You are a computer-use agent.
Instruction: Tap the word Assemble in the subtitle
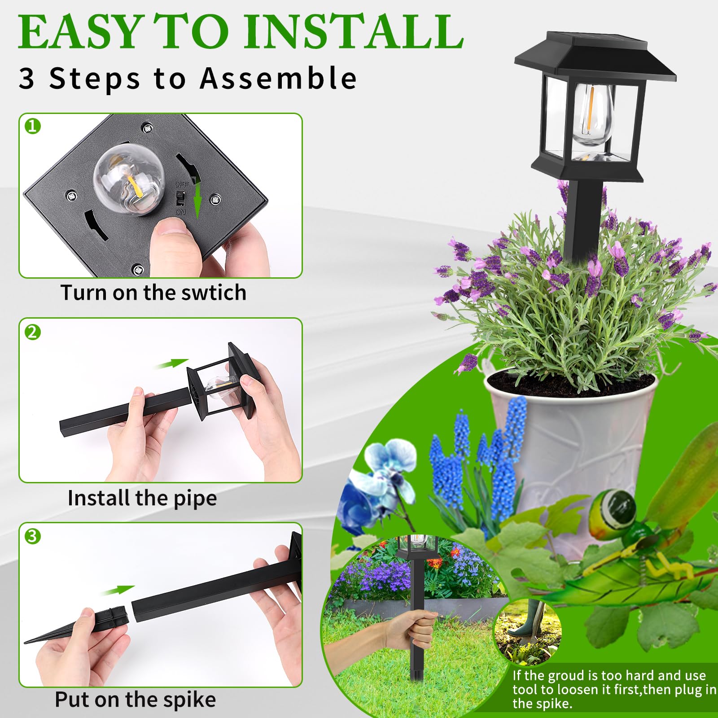pos(278,79)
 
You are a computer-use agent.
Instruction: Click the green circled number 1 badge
pos(33,126)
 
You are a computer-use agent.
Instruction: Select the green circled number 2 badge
pos(33,333)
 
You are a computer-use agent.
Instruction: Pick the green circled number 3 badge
pos(33,536)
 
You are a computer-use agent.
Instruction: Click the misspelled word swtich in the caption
pos(214,293)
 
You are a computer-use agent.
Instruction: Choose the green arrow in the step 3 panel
pos(118,590)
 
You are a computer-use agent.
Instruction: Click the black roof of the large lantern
pos(595,56)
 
